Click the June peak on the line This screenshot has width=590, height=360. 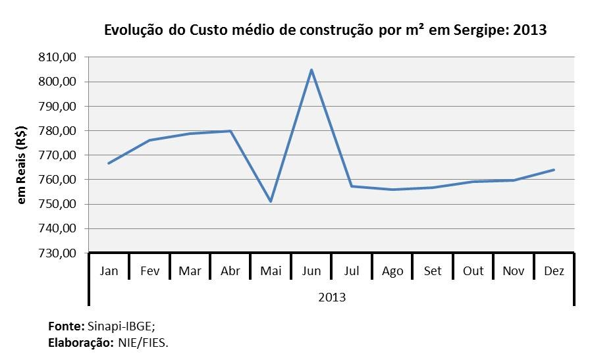pos(311,70)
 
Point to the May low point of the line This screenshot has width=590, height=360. pos(271,201)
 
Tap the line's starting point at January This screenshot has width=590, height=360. pos(109,163)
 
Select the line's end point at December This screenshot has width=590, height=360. pos(554,170)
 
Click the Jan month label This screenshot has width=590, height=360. pos(109,271)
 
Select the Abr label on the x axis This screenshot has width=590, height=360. pos(230,271)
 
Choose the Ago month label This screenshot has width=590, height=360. pos(392,271)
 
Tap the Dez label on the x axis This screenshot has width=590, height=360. pos(554,271)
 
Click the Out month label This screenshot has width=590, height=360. pos(473,271)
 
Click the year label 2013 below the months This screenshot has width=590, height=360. pos(332,297)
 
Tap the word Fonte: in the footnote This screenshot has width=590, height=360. pos(66,326)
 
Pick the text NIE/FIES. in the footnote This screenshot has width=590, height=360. pos(144,342)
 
